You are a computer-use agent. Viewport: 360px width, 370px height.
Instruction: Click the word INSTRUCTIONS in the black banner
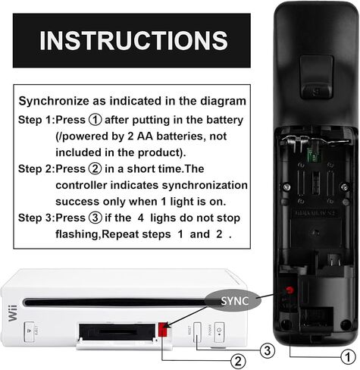point(133,40)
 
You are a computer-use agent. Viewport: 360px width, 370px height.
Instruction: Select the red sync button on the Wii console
point(164,328)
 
